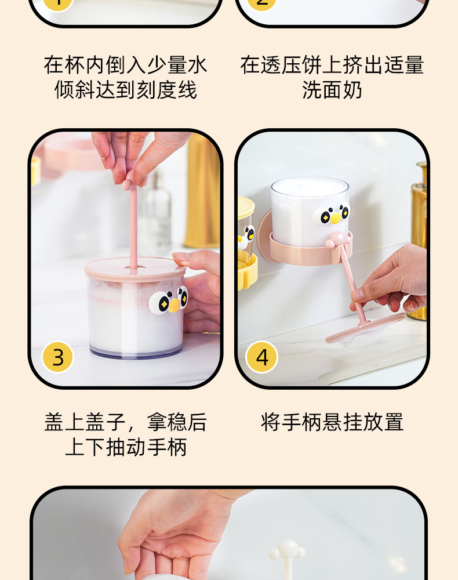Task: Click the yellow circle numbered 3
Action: pos(57,357)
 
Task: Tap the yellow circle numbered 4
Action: pos(261,357)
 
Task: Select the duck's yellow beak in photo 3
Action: pos(174,305)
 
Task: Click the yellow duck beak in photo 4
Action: pos(336,217)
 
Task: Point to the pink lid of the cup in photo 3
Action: pos(135,270)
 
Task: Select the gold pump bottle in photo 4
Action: pos(419,241)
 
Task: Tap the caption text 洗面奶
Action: pos(332,90)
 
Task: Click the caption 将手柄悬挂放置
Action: pos(332,422)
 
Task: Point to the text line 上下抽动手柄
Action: pos(126,447)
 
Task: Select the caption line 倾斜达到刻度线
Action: pos(126,90)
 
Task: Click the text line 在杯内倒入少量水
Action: pos(126,65)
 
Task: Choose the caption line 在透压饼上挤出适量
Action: pos(332,65)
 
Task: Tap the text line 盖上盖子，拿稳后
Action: pos(126,422)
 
